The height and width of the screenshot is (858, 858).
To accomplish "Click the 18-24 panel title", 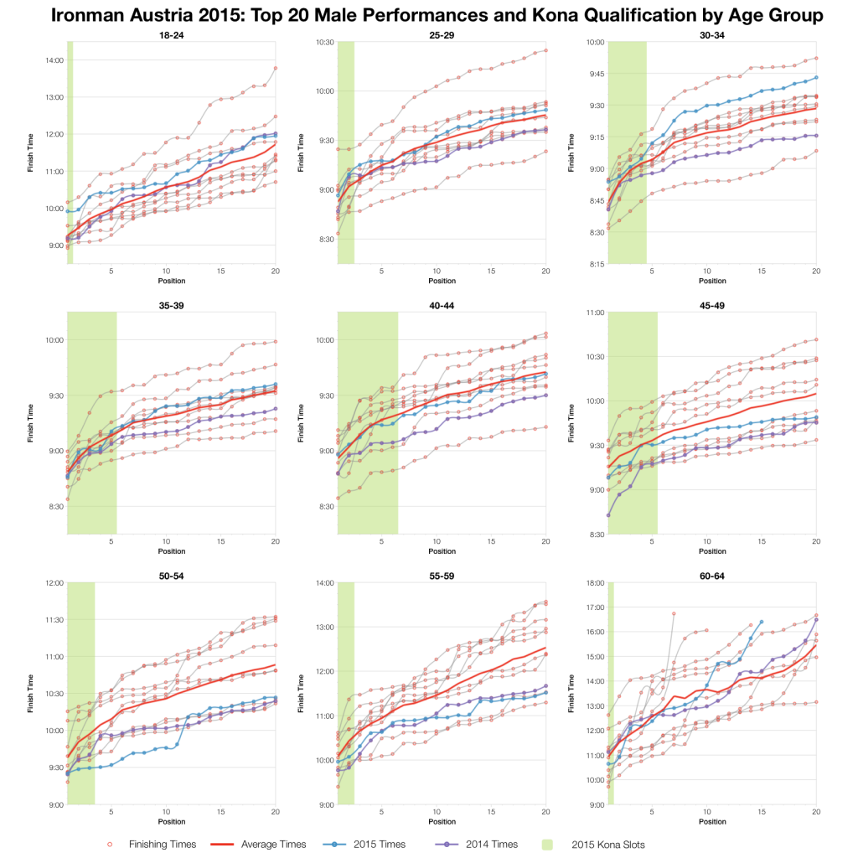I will click(172, 34).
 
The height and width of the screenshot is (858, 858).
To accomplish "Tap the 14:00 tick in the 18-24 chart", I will click(54, 60).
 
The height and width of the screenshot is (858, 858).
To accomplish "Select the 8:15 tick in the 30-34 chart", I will click(594, 263).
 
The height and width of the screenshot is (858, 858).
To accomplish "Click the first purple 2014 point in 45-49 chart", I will click(608, 514).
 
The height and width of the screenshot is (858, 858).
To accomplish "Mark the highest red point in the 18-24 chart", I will click(276, 68).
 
